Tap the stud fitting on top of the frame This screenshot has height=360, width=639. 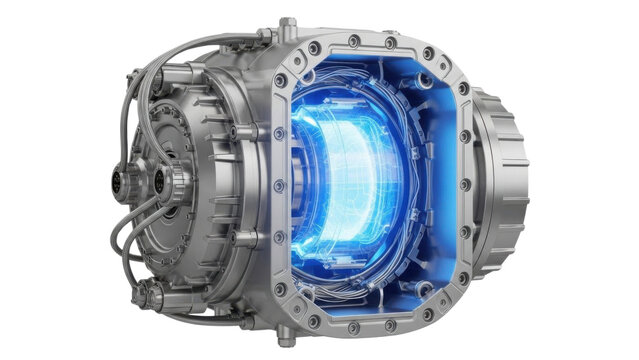(287, 27)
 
